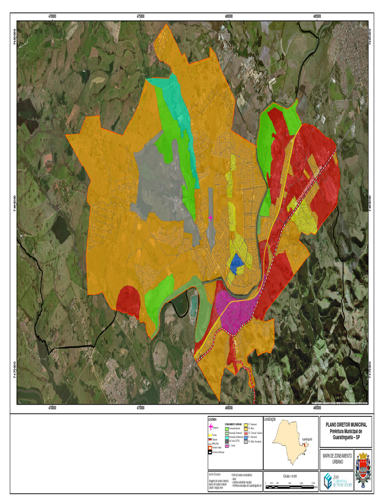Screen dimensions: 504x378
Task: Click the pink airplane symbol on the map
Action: pos(210,217)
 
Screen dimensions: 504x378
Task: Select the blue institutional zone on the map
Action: pos(237,262)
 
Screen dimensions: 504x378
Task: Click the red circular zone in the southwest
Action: pos(128,301)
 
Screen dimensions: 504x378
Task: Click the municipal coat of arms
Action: pos(362,471)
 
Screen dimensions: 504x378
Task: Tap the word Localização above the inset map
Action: pos(270,419)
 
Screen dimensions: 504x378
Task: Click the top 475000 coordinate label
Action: pos(140,17)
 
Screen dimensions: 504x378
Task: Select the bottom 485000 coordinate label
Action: pos(317,408)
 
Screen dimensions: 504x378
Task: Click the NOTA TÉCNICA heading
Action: pos(215,474)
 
